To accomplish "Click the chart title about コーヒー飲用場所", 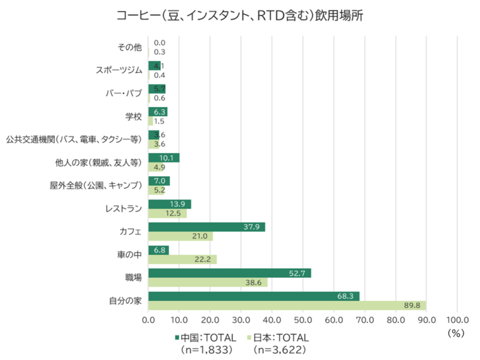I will (240, 16).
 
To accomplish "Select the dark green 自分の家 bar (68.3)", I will (254, 296).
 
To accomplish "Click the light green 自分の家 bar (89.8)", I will (287, 306).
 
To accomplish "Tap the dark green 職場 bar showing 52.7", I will (230, 273).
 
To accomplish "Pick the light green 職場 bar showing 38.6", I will (208, 283).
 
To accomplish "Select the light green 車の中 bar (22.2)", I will (182, 259).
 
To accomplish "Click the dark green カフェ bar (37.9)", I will (206, 227).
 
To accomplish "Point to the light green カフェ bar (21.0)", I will (180, 237).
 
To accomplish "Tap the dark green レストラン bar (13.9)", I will (169, 204).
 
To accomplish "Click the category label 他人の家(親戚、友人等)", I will (99, 163).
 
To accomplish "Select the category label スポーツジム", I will (119, 70).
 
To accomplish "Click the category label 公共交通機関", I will (73, 139).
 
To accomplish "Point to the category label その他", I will (130, 47).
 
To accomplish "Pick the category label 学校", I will (133, 117).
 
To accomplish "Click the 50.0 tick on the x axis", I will (302, 320).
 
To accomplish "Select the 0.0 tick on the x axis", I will (149, 320).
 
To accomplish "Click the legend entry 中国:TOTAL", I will (206, 337).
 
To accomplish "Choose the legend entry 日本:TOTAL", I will (279, 337).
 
